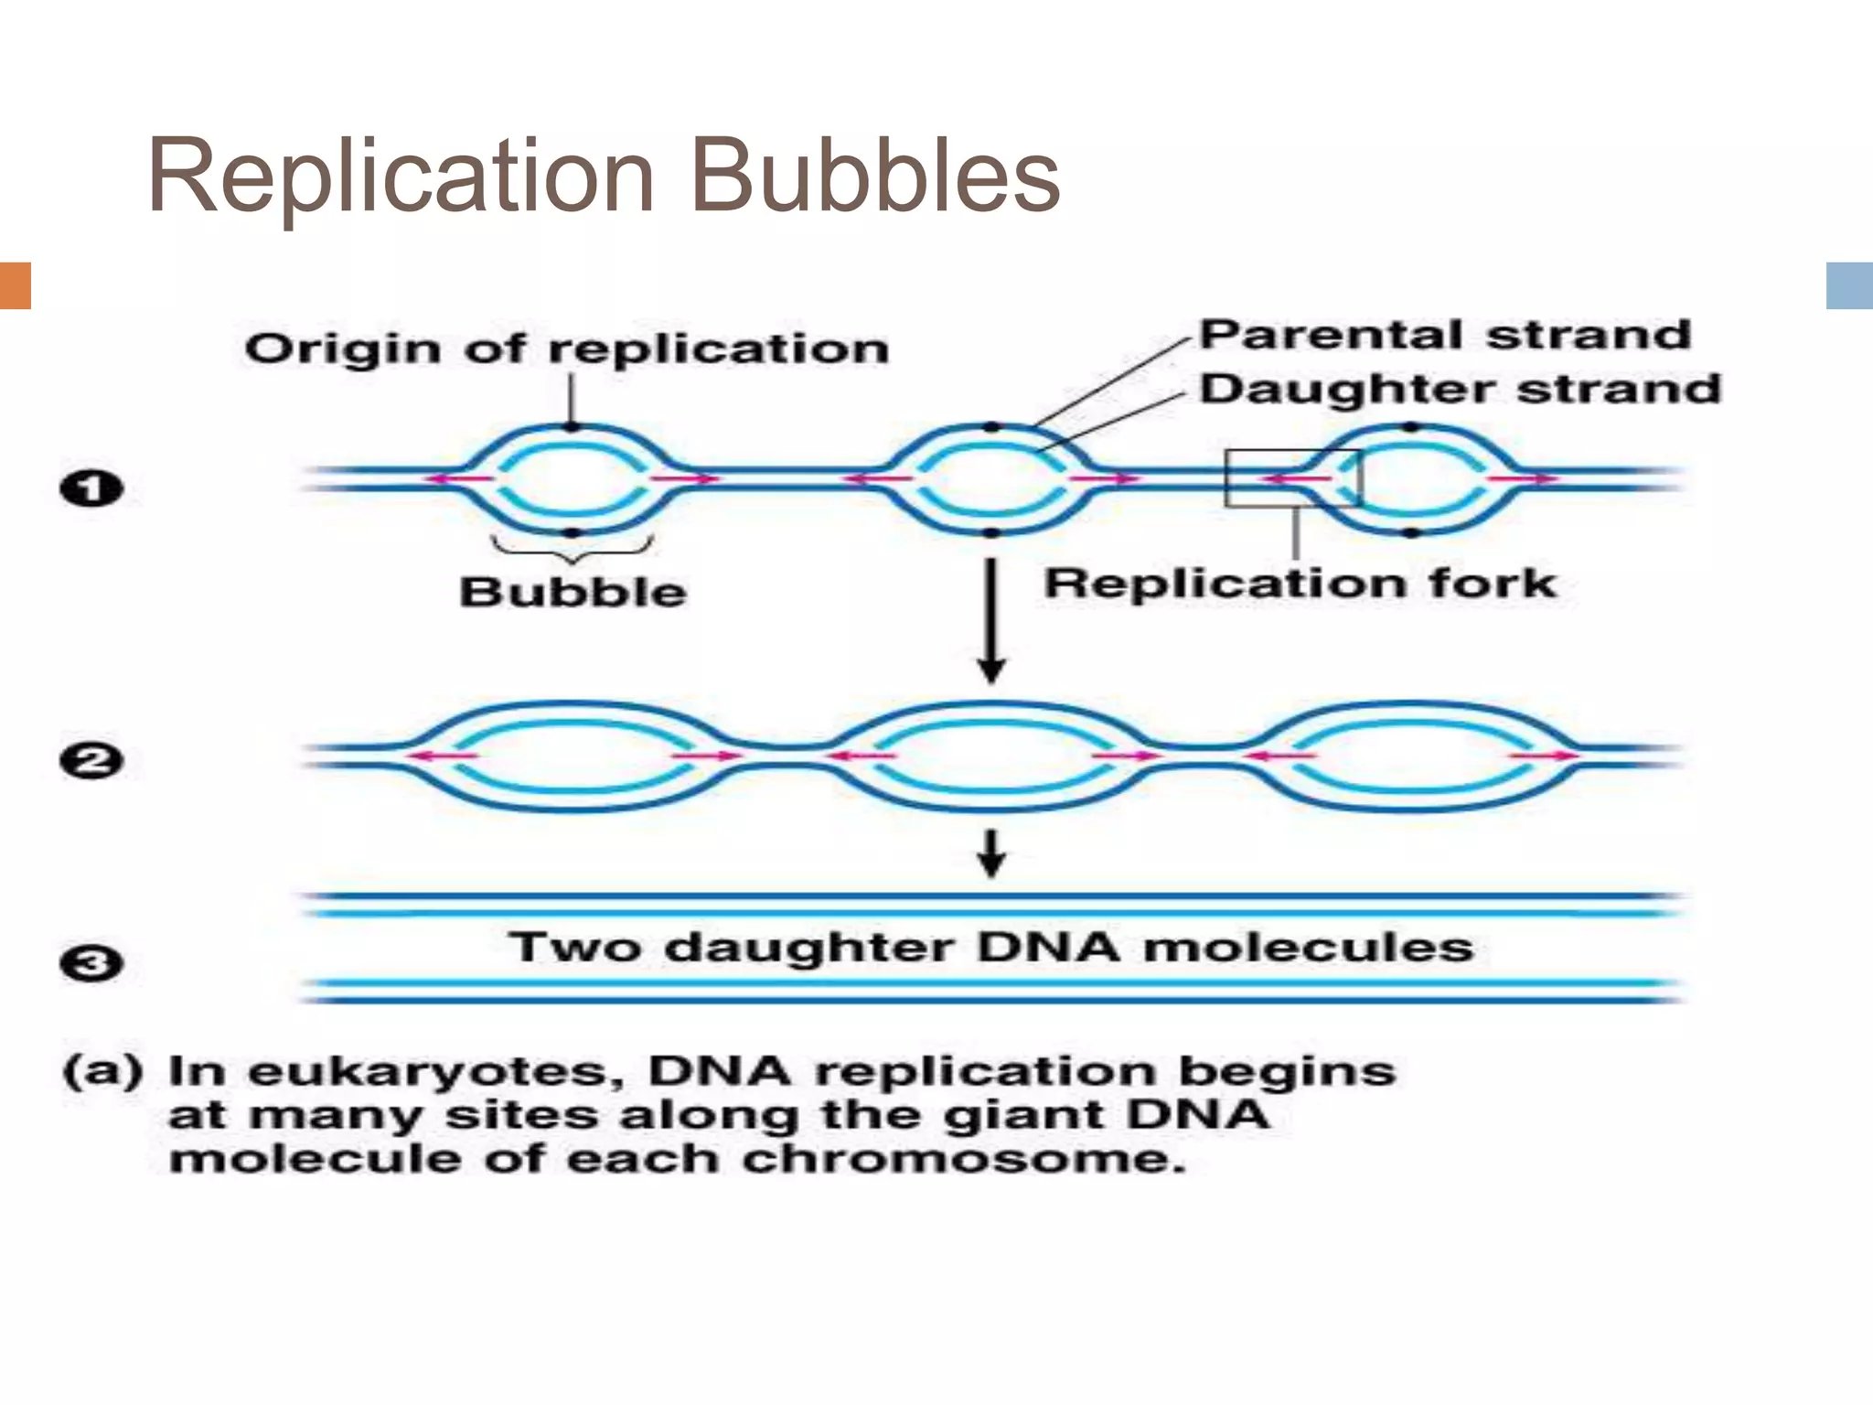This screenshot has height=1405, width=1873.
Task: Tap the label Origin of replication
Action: point(567,349)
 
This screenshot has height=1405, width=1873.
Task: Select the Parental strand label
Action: point(1445,336)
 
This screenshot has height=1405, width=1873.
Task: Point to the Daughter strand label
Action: point(1461,390)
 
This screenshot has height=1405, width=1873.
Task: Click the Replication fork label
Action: point(1300,584)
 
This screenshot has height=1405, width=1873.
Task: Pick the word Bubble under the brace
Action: point(573,592)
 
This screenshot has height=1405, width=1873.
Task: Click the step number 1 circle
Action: point(91,488)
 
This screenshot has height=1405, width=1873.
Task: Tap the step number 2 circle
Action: point(91,761)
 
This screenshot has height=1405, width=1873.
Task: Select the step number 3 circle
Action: point(91,964)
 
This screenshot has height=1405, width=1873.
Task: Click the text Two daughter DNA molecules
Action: point(991,947)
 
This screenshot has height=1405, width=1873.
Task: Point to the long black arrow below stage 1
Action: point(992,622)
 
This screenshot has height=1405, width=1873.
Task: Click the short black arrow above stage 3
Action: point(992,853)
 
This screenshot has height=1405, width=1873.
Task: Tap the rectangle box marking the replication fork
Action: point(1292,477)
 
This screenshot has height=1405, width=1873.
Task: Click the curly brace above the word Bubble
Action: point(573,549)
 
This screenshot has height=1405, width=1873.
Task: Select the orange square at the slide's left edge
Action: point(16,285)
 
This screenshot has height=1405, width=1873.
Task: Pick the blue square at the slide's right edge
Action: point(1849,285)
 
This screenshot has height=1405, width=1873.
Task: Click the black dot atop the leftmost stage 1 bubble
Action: point(572,426)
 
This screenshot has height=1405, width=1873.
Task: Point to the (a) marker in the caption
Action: point(103,1071)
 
